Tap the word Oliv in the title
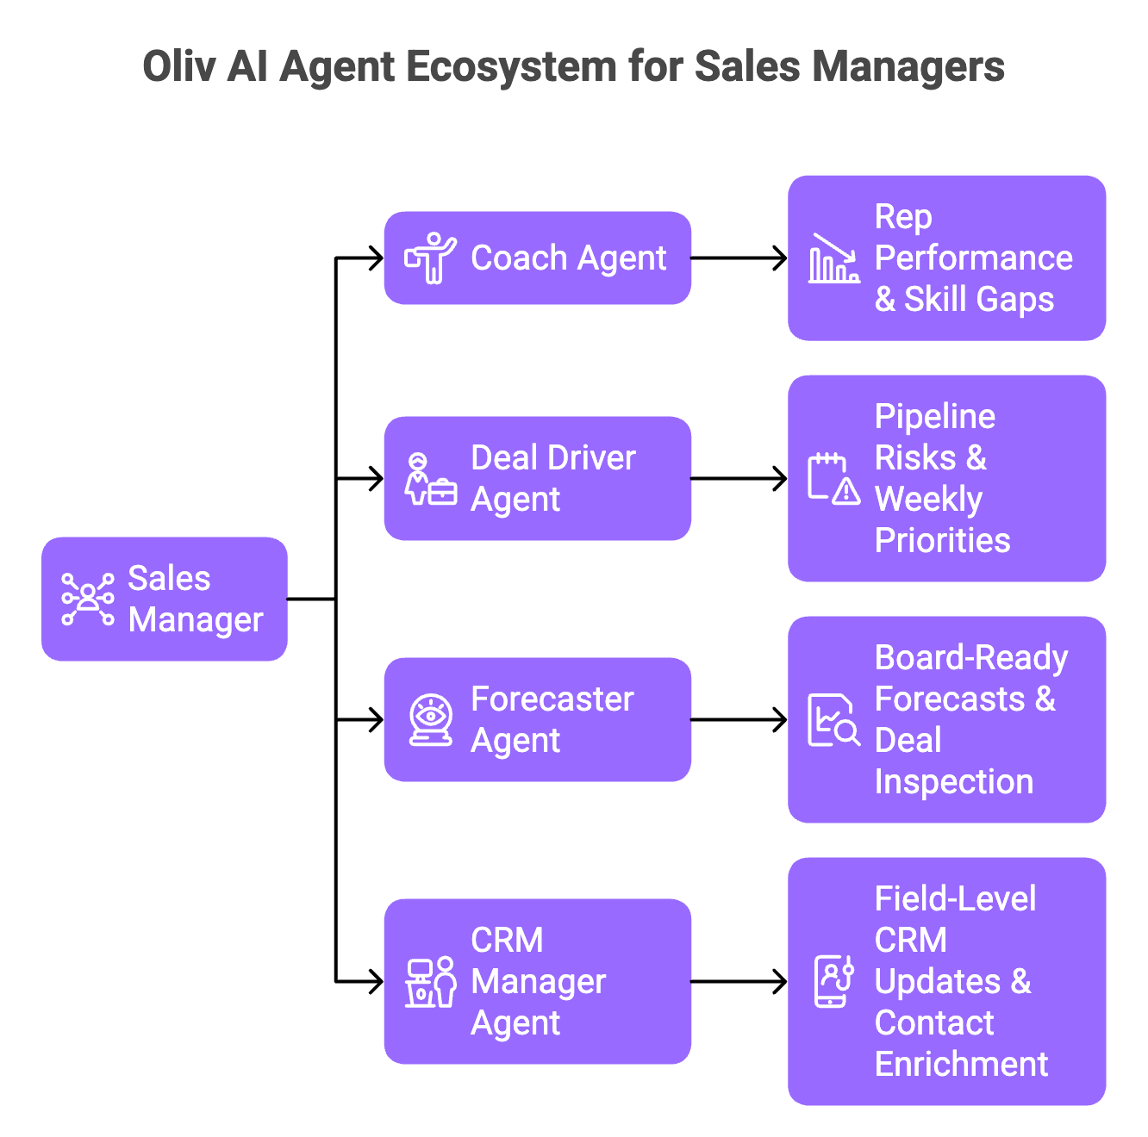click(178, 67)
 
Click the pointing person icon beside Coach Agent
click(430, 258)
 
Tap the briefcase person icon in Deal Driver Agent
click(430, 479)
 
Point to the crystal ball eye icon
click(430, 719)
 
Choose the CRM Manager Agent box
click(538, 981)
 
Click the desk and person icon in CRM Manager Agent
click(430, 981)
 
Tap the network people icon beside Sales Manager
click(88, 599)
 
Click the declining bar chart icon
click(833, 258)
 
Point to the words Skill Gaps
click(979, 300)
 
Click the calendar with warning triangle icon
click(833, 478)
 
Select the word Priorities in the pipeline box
click(942, 541)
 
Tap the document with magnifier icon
click(833, 720)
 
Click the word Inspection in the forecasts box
click(953, 782)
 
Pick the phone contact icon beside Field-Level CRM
click(833, 981)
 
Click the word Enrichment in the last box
click(961, 1065)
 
